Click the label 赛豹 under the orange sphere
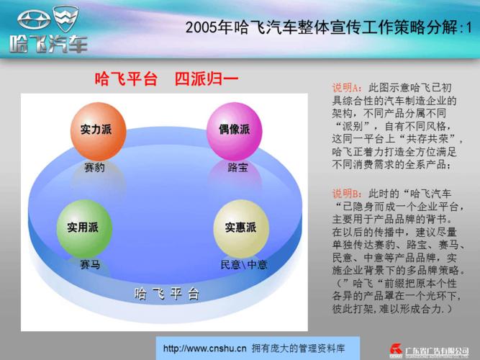94,168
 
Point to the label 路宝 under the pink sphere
237,168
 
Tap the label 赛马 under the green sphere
90,264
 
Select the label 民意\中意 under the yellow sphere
243,264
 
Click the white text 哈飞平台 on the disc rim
166,294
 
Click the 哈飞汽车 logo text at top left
48,44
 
